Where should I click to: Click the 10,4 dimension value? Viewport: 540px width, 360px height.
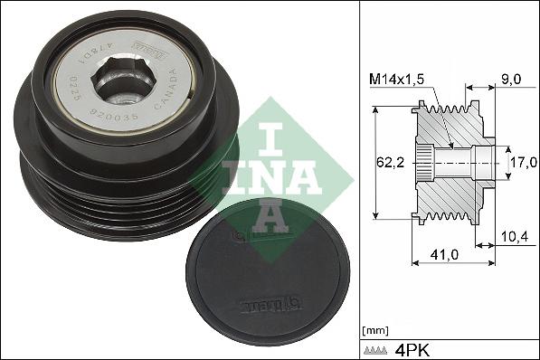tap(513, 238)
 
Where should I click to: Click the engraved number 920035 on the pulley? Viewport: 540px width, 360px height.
tap(112, 116)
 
